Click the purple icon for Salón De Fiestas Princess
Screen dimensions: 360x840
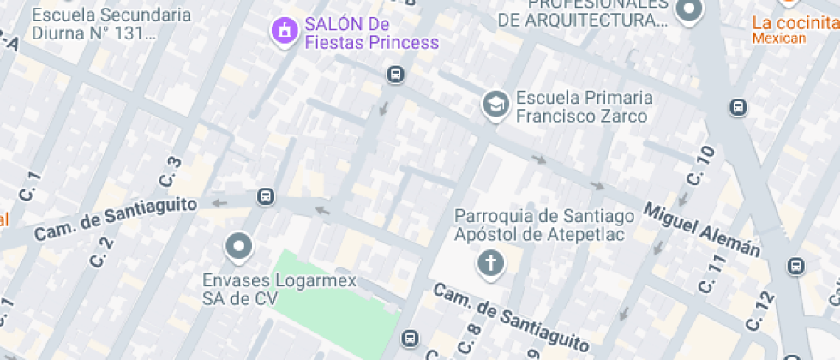coord(284,32)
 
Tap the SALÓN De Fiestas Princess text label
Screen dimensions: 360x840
coord(371,33)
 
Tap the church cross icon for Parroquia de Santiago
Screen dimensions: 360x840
coord(491,262)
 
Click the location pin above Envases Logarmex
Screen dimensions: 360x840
coord(238,248)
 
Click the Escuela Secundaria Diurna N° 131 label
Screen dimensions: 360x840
coord(111,25)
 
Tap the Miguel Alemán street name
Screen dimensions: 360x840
coord(702,229)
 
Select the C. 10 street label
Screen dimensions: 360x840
coord(700,165)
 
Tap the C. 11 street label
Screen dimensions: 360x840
coord(711,273)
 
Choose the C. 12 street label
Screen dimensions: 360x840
coord(759,311)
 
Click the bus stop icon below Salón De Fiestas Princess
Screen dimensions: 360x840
coord(395,75)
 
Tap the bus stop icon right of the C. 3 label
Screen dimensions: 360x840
coord(266,197)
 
